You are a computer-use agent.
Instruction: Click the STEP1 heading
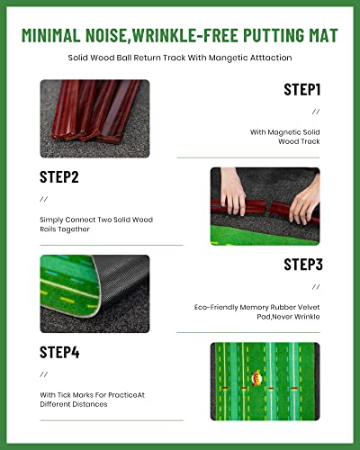coord(301,90)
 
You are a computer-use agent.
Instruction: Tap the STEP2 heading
coord(59,177)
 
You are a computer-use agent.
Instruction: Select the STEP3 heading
coord(301,264)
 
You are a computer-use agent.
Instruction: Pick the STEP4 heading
coord(59,352)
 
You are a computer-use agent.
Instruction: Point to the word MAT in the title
coord(319,35)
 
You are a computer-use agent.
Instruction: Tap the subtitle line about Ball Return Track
coord(180,58)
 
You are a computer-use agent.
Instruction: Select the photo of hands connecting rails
coord(265,206)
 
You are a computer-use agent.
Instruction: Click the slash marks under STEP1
coord(315,112)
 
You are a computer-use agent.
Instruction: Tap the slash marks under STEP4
coord(43,373)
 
